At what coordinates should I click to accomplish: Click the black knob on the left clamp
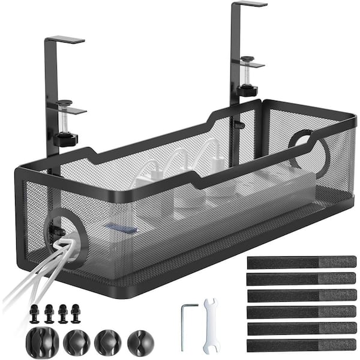[65, 140]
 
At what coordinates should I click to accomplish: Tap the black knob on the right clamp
[247, 91]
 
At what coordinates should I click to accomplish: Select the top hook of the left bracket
[65, 40]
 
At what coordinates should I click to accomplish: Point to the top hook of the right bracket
[248, 4]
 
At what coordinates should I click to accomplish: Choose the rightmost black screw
[76, 312]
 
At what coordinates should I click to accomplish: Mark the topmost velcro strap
[301, 262]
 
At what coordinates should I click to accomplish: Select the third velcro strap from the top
[301, 296]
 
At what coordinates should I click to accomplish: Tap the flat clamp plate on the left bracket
[68, 110]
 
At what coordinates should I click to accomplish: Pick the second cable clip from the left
[76, 341]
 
